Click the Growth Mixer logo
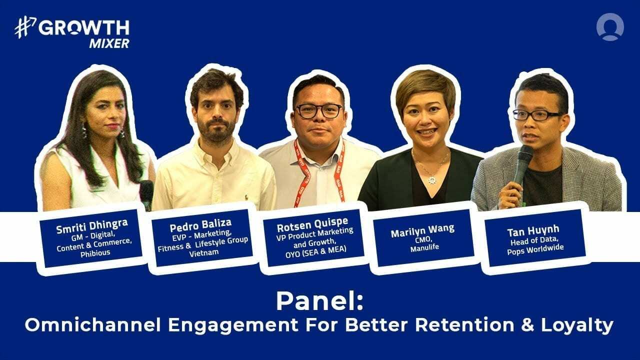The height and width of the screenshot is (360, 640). [72, 33]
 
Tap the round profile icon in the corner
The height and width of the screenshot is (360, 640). [610, 27]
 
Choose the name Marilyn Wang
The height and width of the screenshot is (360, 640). [423, 228]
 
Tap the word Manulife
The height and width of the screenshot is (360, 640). [423, 247]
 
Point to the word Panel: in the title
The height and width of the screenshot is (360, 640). [319, 301]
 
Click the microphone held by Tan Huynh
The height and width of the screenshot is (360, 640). [522, 162]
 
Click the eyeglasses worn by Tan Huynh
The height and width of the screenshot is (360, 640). [536, 114]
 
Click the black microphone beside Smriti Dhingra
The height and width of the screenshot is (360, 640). [146, 192]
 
